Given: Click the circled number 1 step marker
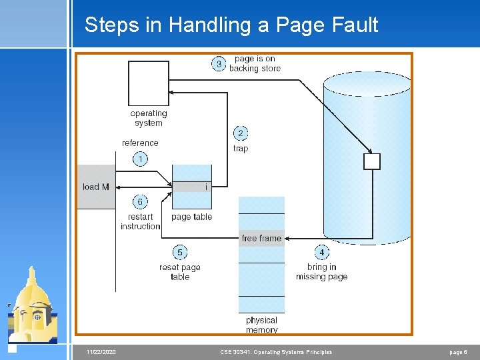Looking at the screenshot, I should (x=140, y=159).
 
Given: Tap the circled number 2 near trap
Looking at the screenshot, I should (x=240, y=133).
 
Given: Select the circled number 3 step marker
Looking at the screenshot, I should (x=218, y=64).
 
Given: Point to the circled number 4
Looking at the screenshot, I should (x=321, y=252).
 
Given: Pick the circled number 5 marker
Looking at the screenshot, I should (x=179, y=252).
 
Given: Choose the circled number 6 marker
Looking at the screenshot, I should (x=140, y=201).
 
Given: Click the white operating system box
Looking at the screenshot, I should (x=148, y=83).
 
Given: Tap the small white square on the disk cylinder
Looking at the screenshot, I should (x=371, y=161).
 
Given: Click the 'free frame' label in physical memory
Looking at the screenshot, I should (x=261, y=238).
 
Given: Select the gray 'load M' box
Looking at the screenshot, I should (x=96, y=187).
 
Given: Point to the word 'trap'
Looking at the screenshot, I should (x=241, y=149).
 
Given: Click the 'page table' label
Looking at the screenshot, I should (x=191, y=217).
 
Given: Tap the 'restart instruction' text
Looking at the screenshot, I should (x=140, y=221).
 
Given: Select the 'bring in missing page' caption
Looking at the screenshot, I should (x=321, y=272).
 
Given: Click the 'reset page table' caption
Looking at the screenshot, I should (x=179, y=272).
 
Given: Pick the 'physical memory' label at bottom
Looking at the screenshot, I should (x=261, y=325).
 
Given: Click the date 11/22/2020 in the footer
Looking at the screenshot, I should (x=101, y=352).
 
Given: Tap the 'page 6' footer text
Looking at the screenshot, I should (x=457, y=352).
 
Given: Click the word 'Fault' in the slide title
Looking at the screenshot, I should (x=353, y=25).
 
